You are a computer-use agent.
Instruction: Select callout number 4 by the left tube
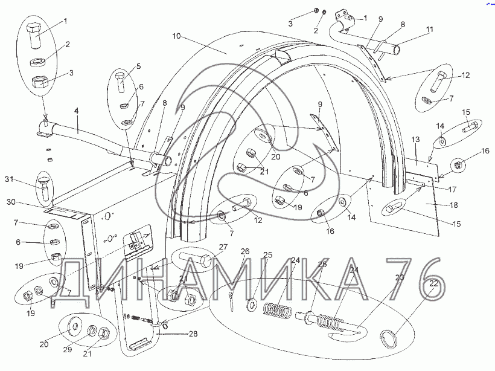click(x=77, y=112)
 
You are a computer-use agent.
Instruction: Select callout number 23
click(x=399, y=277)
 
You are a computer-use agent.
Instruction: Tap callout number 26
click(x=245, y=251)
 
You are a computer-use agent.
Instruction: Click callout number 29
click(x=69, y=350)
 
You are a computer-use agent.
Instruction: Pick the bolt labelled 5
click(x=120, y=83)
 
